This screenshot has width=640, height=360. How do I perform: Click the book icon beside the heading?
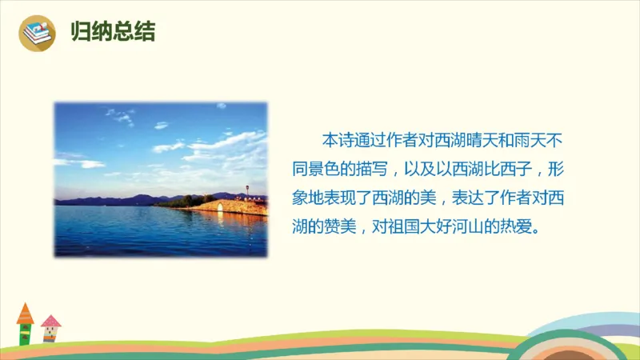click(x=36, y=33)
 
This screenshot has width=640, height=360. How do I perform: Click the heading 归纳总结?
click(x=113, y=33)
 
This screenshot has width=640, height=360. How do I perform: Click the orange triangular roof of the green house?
click(x=25, y=313)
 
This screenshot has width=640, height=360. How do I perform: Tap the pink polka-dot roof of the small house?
click(x=50, y=321)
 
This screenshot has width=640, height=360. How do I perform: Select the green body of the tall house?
click(x=25, y=332)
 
